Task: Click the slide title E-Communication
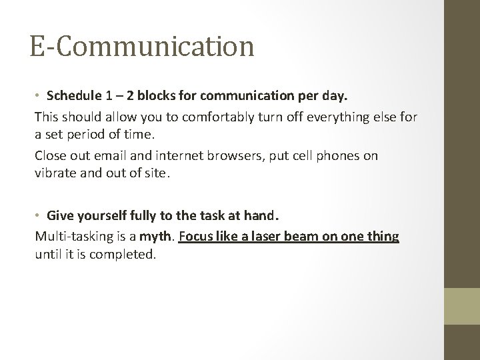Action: pyautogui.click(x=141, y=47)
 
